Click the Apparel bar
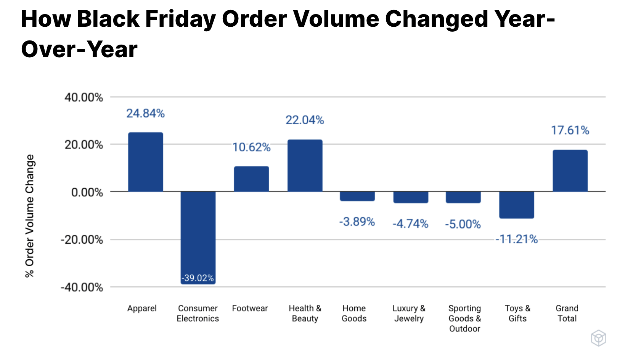click(x=145, y=162)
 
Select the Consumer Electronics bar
click(x=198, y=233)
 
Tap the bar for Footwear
click(x=251, y=179)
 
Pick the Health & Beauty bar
click(x=305, y=166)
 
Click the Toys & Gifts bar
click(x=517, y=205)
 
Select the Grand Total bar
click(x=570, y=171)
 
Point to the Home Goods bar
click(x=357, y=196)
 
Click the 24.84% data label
click(x=145, y=113)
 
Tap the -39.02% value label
click(x=198, y=278)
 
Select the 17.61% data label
click(x=570, y=130)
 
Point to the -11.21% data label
click(x=517, y=239)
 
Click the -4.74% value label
click(x=410, y=223)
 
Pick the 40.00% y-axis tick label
click(x=84, y=98)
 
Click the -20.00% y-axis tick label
click(x=82, y=240)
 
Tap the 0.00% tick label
click(x=87, y=192)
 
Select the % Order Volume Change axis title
click(x=29, y=216)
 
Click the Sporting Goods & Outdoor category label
click(x=464, y=318)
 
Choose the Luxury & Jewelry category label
click(x=409, y=313)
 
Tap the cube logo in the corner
click(x=598, y=338)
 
